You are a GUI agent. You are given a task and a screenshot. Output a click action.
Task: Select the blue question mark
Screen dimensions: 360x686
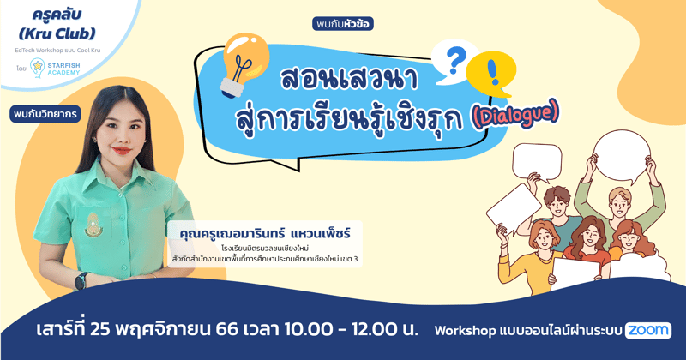pos(456,60)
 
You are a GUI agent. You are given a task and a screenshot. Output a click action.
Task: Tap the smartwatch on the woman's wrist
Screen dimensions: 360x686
pos(81,280)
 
